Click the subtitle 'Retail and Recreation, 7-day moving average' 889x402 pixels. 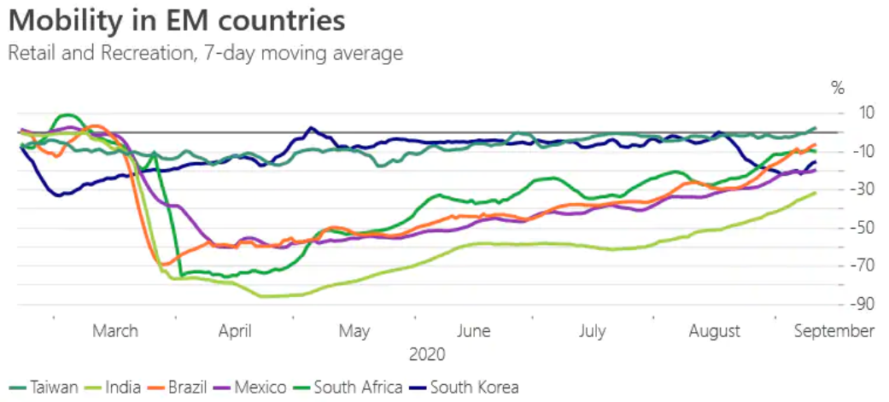click(x=205, y=53)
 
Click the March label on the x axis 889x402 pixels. click(x=115, y=331)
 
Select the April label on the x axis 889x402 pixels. click(x=234, y=331)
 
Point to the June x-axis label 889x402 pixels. click(x=473, y=331)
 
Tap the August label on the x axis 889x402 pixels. click(x=715, y=331)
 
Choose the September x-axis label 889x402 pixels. click(x=834, y=331)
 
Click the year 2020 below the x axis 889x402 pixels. click(x=427, y=353)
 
